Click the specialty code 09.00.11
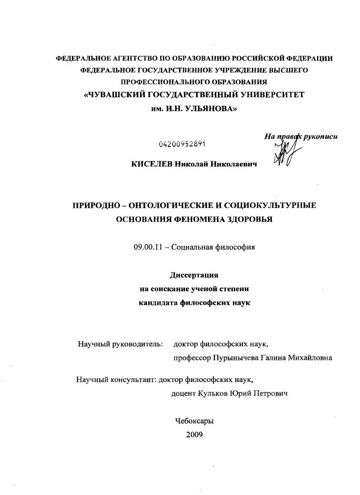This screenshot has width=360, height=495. point(147,247)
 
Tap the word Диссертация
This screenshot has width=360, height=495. point(194,275)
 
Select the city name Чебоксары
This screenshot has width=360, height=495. point(194,420)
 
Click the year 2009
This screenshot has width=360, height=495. point(194,434)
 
